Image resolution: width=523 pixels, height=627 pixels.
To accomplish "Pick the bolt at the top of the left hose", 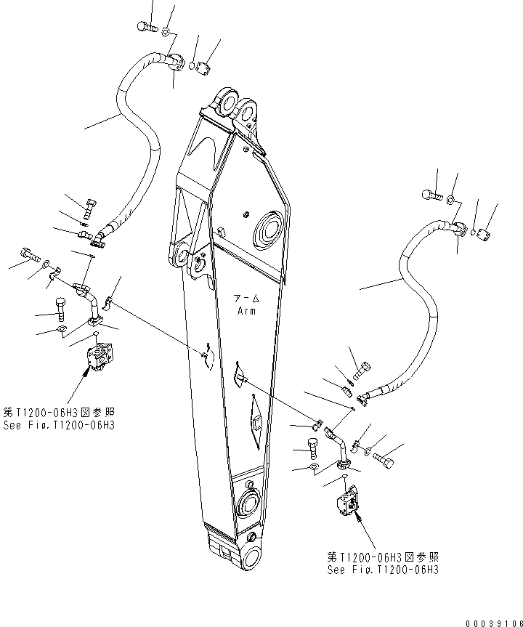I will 145,28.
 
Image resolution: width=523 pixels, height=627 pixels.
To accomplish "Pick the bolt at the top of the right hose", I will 431,195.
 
